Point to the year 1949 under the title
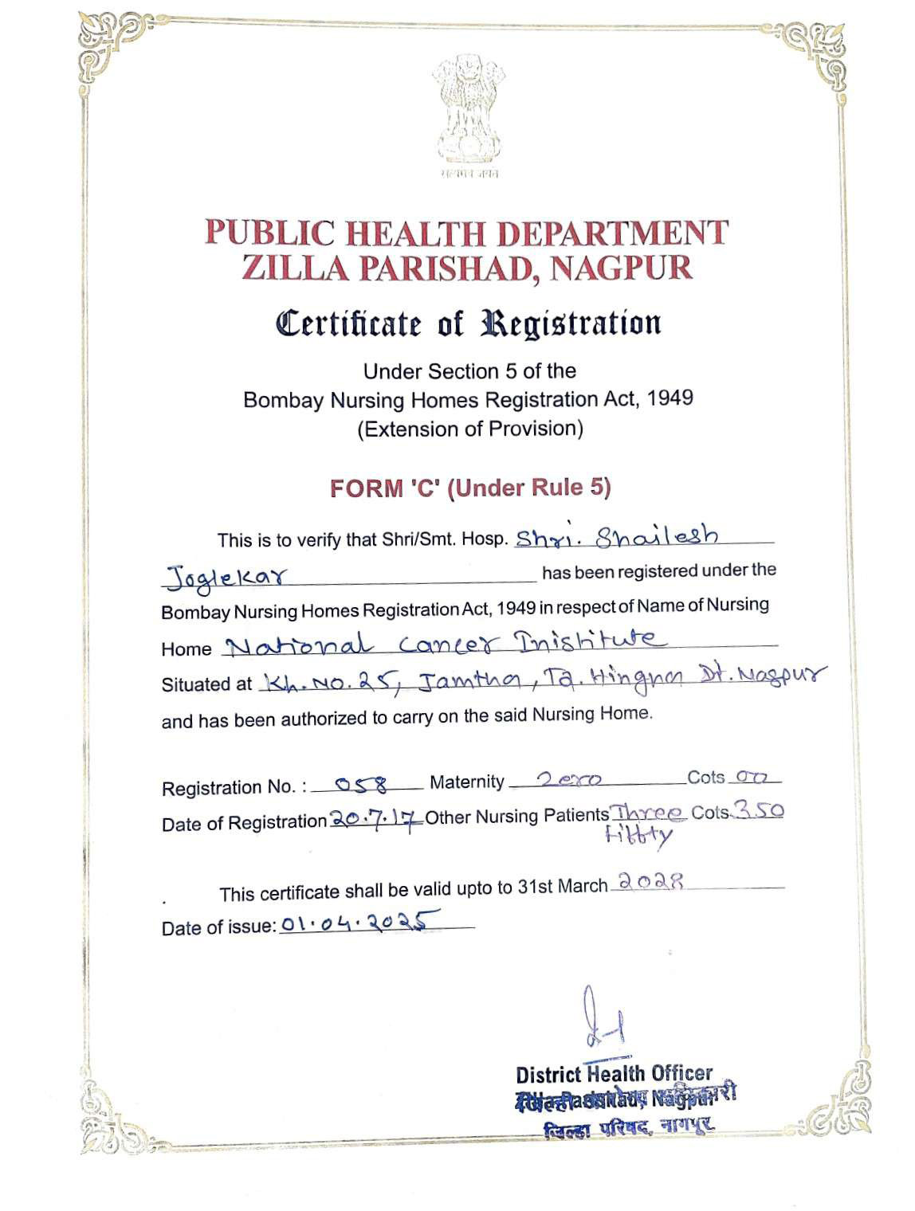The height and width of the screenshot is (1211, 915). tap(670, 398)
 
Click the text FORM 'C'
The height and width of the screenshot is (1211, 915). tap(386, 488)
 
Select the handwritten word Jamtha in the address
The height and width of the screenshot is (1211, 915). tap(470, 683)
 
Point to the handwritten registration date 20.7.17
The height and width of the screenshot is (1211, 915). tap(376, 819)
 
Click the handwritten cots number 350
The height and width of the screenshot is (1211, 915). tap(758, 811)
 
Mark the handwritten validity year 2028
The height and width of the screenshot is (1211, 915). tap(652, 882)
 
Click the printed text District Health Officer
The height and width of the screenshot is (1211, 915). tap(614, 1074)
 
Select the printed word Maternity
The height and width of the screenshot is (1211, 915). tap(467, 782)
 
